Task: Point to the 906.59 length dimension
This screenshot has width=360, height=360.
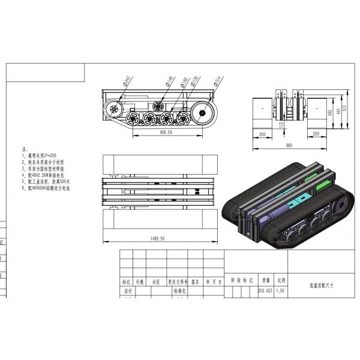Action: [x=162, y=133]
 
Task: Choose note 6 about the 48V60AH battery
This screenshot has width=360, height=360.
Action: [x=49, y=188]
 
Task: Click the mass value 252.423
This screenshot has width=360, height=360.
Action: [x=265, y=290]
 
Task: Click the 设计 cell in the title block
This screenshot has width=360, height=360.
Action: [x=127, y=290]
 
